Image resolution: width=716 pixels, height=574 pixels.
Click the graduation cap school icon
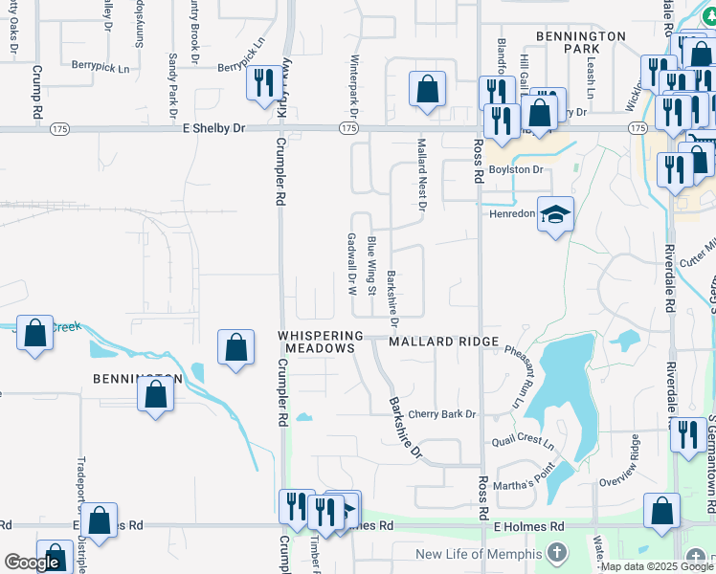(x=554, y=214)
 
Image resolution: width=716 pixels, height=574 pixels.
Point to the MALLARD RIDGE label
(x=443, y=342)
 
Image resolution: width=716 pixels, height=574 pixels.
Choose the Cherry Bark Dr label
(x=442, y=414)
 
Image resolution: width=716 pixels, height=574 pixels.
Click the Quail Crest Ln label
(x=523, y=444)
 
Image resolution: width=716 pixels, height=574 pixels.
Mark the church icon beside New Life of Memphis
(x=557, y=554)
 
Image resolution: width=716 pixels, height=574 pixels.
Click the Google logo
(x=34, y=563)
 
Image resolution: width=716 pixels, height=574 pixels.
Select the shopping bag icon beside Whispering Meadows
(x=235, y=348)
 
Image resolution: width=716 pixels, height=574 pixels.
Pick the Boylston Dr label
(x=516, y=169)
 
